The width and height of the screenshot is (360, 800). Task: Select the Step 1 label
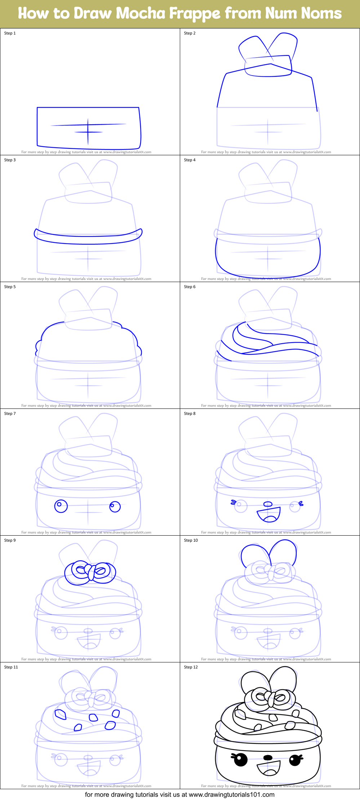[10, 33]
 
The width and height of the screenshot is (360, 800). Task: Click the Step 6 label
[190, 287]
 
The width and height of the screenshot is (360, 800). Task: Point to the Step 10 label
[191, 540]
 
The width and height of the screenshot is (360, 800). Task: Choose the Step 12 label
[191, 667]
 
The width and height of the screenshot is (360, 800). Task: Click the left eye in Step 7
[61, 506]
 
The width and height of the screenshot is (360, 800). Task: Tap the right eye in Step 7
[115, 506]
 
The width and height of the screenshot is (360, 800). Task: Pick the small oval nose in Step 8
[268, 504]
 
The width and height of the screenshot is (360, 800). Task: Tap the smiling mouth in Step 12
[269, 768]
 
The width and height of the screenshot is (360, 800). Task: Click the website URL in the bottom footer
[231, 795]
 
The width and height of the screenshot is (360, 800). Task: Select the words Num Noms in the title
[303, 14]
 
